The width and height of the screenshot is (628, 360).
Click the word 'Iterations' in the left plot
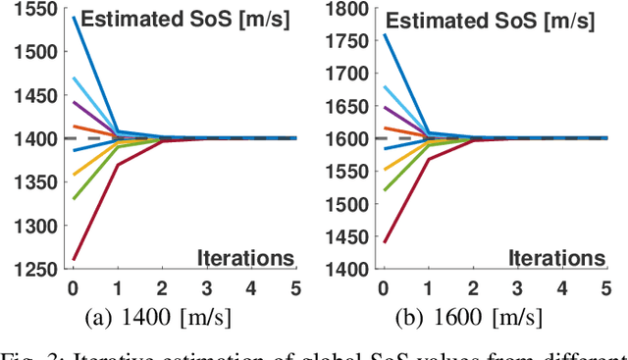tap(245, 258)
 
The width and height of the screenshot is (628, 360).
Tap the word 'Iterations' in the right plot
tap(556, 258)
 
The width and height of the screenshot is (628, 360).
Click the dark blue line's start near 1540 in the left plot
tap(74, 18)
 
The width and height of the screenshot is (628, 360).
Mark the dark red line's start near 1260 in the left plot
tap(74, 260)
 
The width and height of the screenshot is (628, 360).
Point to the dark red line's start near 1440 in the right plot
tap(385, 242)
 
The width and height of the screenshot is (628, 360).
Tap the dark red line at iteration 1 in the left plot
tap(117, 165)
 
